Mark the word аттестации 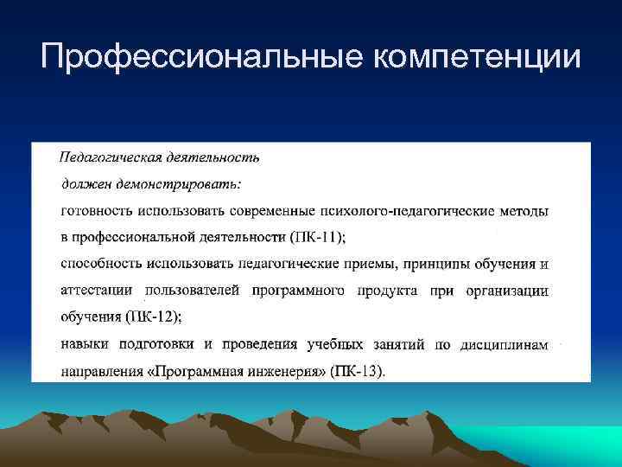97,291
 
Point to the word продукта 381,291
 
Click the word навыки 85,345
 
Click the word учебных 338,345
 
